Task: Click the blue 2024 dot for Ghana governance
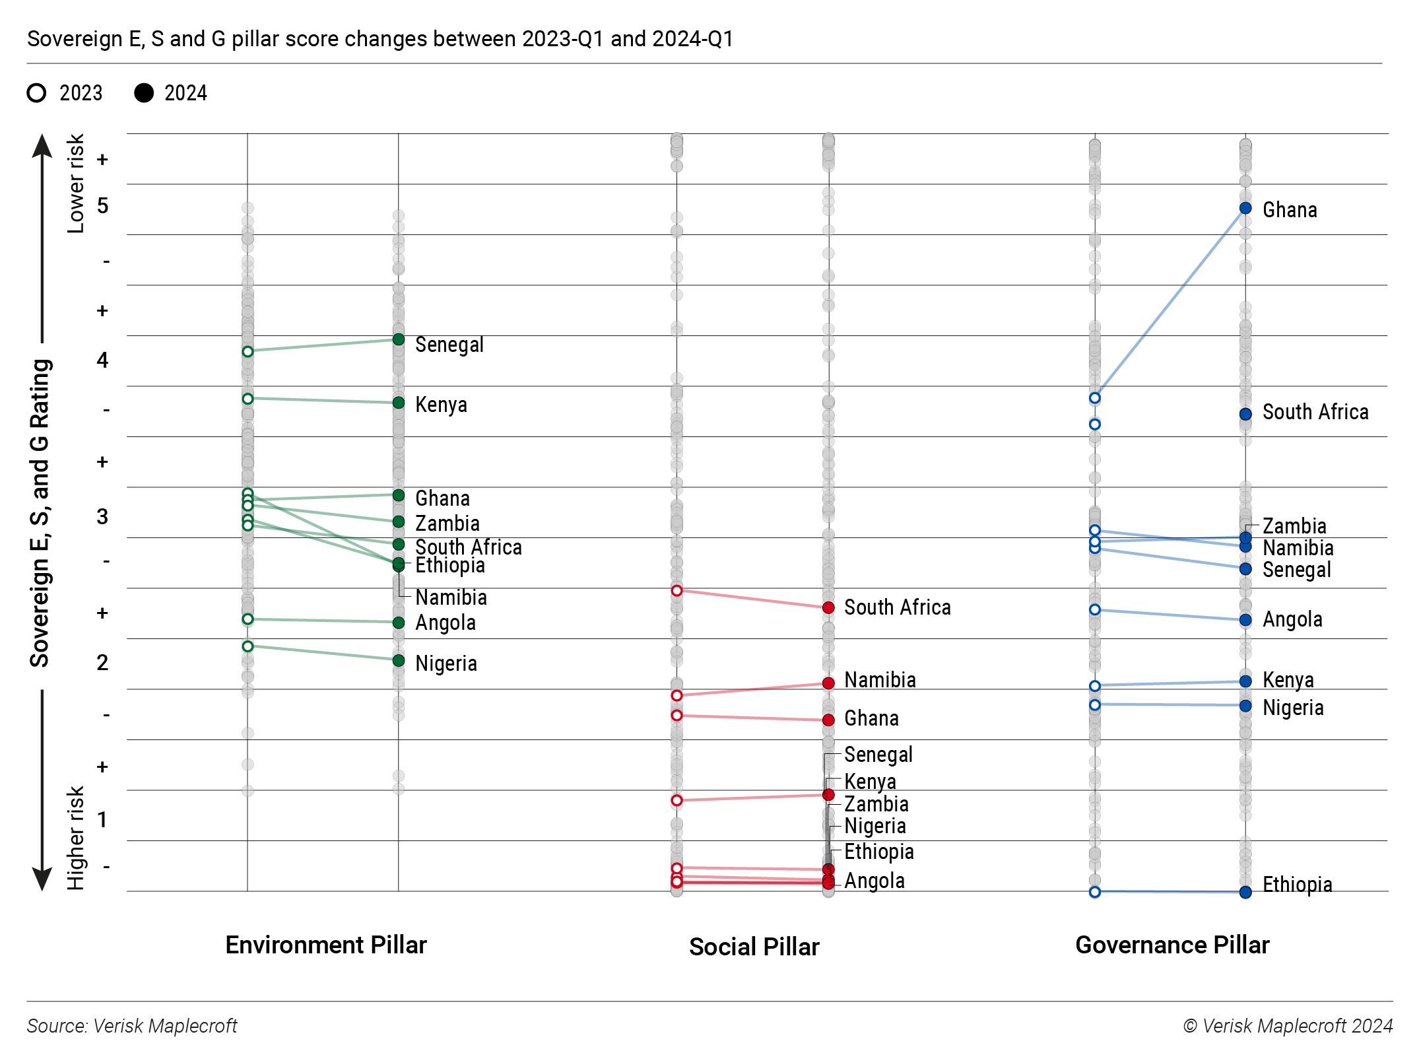[x=1245, y=209]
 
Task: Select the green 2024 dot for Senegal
[x=399, y=339]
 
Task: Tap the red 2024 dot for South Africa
[x=828, y=607]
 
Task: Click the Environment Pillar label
[x=326, y=945]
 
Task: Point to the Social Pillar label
[x=754, y=947]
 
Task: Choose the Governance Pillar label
[x=1172, y=945]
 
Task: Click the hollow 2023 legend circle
[x=37, y=93]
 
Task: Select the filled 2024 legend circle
[x=144, y=93]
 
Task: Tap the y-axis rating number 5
[x=102, y=206]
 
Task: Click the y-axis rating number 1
[x=102, y=819]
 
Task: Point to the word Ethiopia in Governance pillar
[x=1297, y=885]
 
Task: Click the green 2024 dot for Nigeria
[x=399, y=660]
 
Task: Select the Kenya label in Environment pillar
[x=441, y=405]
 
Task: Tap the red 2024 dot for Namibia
[x=828, y=683]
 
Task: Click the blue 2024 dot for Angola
[x=1245, y=620]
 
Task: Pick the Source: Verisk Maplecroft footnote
[x=132, y=1026]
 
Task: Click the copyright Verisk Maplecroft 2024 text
[x=1288, y=1026]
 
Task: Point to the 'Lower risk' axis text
[x=76, y=184]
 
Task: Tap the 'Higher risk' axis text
[x=76, y=838]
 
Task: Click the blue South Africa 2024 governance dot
[x=1245, y=414]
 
